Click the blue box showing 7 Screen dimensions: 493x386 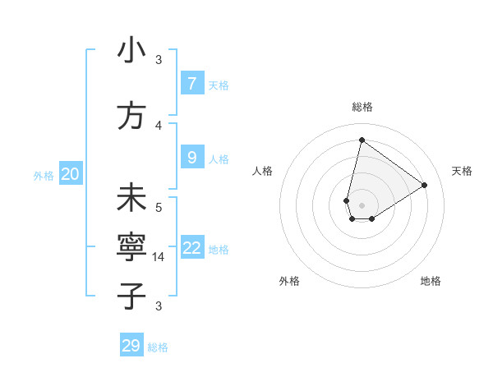[x=191, y=83]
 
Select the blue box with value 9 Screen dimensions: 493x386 [x=191, y=158]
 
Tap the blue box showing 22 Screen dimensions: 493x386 [x=192, y=248]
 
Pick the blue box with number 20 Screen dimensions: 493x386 [x=71, y=173]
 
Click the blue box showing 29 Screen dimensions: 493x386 [x=131, y=345]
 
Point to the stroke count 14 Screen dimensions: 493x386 [x=159, y=256]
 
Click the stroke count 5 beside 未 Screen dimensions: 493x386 [x=159, y=207]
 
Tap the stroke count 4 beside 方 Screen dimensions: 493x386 [x=159, y=125]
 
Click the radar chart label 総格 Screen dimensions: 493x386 [x=362, y=107]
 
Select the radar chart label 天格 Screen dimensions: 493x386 [x=462, y=171]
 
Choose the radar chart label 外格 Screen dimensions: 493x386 [x=289, y=281]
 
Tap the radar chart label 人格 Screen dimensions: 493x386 [x=263, y=171]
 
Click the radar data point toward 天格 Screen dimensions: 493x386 [x=424, y=185]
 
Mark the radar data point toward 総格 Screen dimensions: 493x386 [x=362, y=140]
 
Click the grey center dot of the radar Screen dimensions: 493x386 [x=362, y=204]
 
